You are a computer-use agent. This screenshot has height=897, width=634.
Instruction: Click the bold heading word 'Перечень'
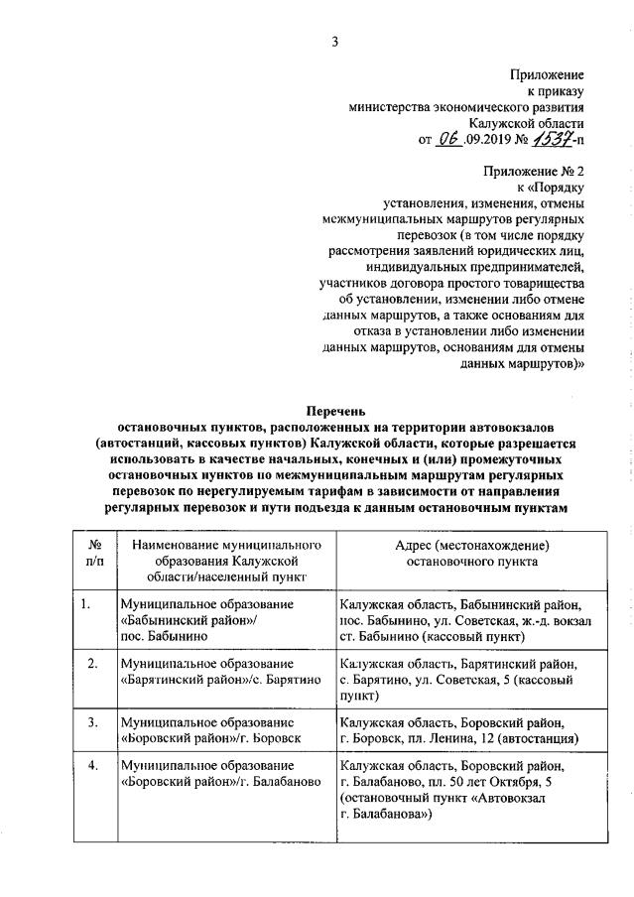pyautogui.click(x=334, y=410)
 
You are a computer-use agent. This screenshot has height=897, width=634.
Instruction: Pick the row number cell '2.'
pyautogui.click(x=90, y=663)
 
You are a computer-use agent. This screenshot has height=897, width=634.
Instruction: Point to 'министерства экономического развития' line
pyautogui.click(x=465, y=106)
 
